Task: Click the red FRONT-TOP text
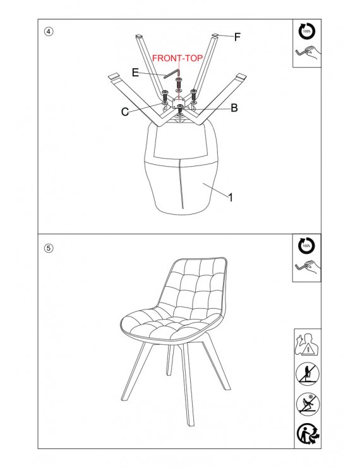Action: point(177,58)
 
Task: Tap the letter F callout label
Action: point(237,37)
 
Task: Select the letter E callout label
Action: point(135,73)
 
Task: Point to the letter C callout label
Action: point(125,112)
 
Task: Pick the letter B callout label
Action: point(234,108)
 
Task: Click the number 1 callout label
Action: point(231,197)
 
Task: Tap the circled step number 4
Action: point(49,32)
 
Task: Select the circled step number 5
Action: point(49,248)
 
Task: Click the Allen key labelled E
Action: point(172,74)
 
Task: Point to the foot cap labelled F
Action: point(215,36)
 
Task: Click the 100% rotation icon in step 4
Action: point(307,31)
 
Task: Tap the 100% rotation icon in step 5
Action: point(306,246)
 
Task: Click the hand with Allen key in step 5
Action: point(308,268)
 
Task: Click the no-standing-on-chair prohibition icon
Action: point(308,374)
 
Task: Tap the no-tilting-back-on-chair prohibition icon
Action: point(308,404)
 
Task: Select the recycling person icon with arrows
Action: point(308,434)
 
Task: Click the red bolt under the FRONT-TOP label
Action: point(179,84)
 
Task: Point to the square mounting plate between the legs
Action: point(179,103)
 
